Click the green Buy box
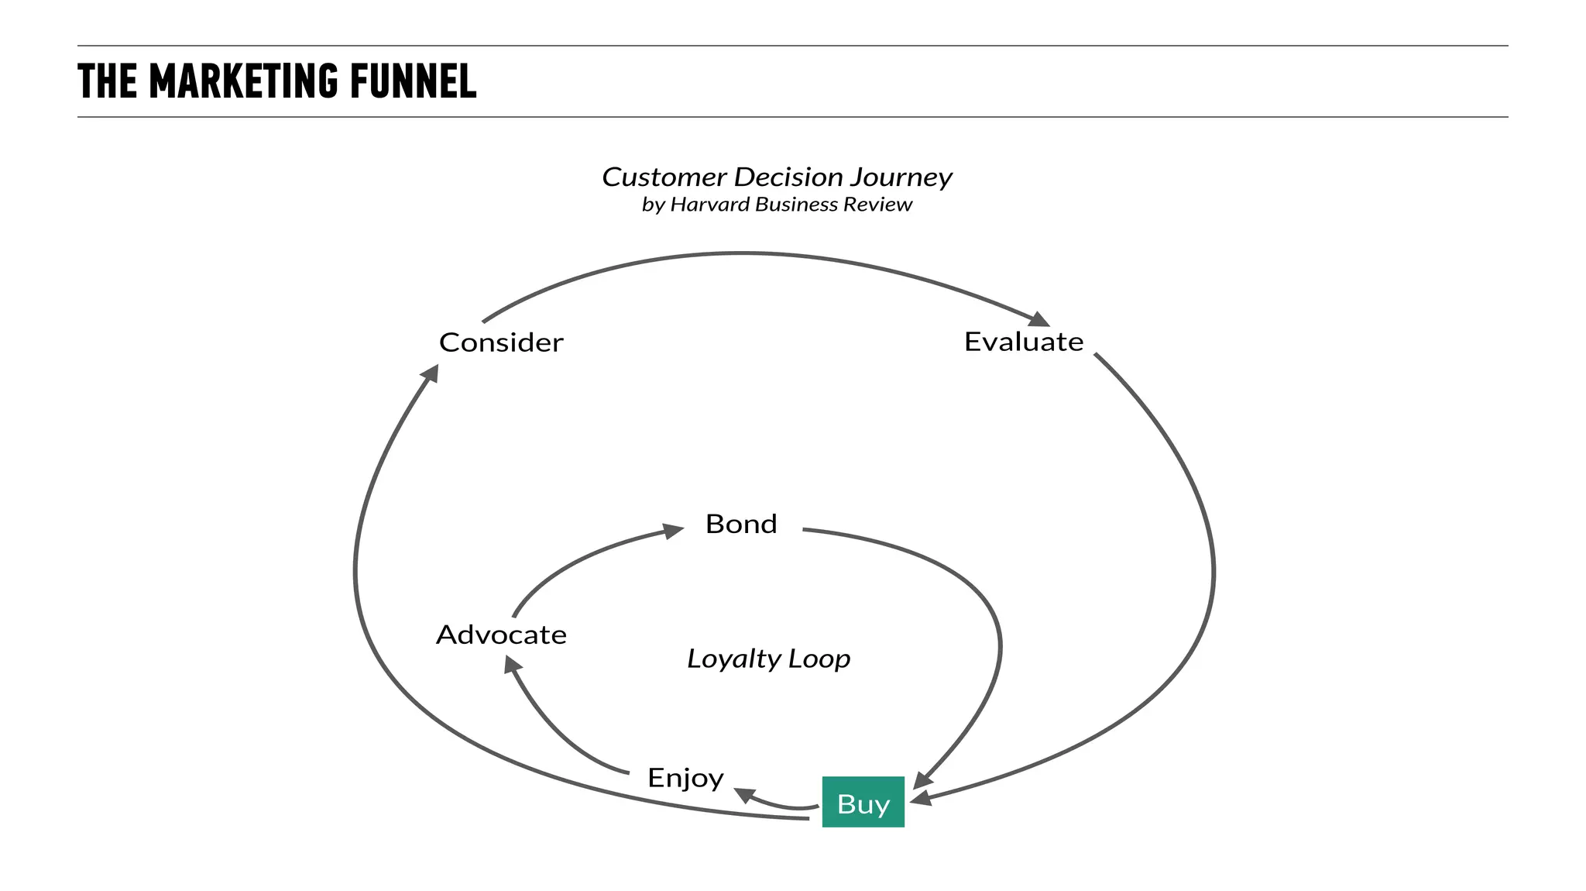click(863, 802)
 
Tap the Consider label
click(501, 342)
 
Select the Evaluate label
click(1023, 342)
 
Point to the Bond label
click(741, 525)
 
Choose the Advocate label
click(501, 635)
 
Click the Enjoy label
click(685, 777)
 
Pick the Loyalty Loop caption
click(768, 659)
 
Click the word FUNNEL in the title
click(413, 81)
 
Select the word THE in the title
click(108, 81)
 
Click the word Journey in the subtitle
click(901, 177)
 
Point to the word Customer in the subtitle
click(664, 177)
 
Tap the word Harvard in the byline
click(709, 205)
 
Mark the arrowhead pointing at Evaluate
click(1039, 318)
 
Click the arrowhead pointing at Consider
click(430, 373)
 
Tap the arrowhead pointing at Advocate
click(512, 665)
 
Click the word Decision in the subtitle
click(788, 177)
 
